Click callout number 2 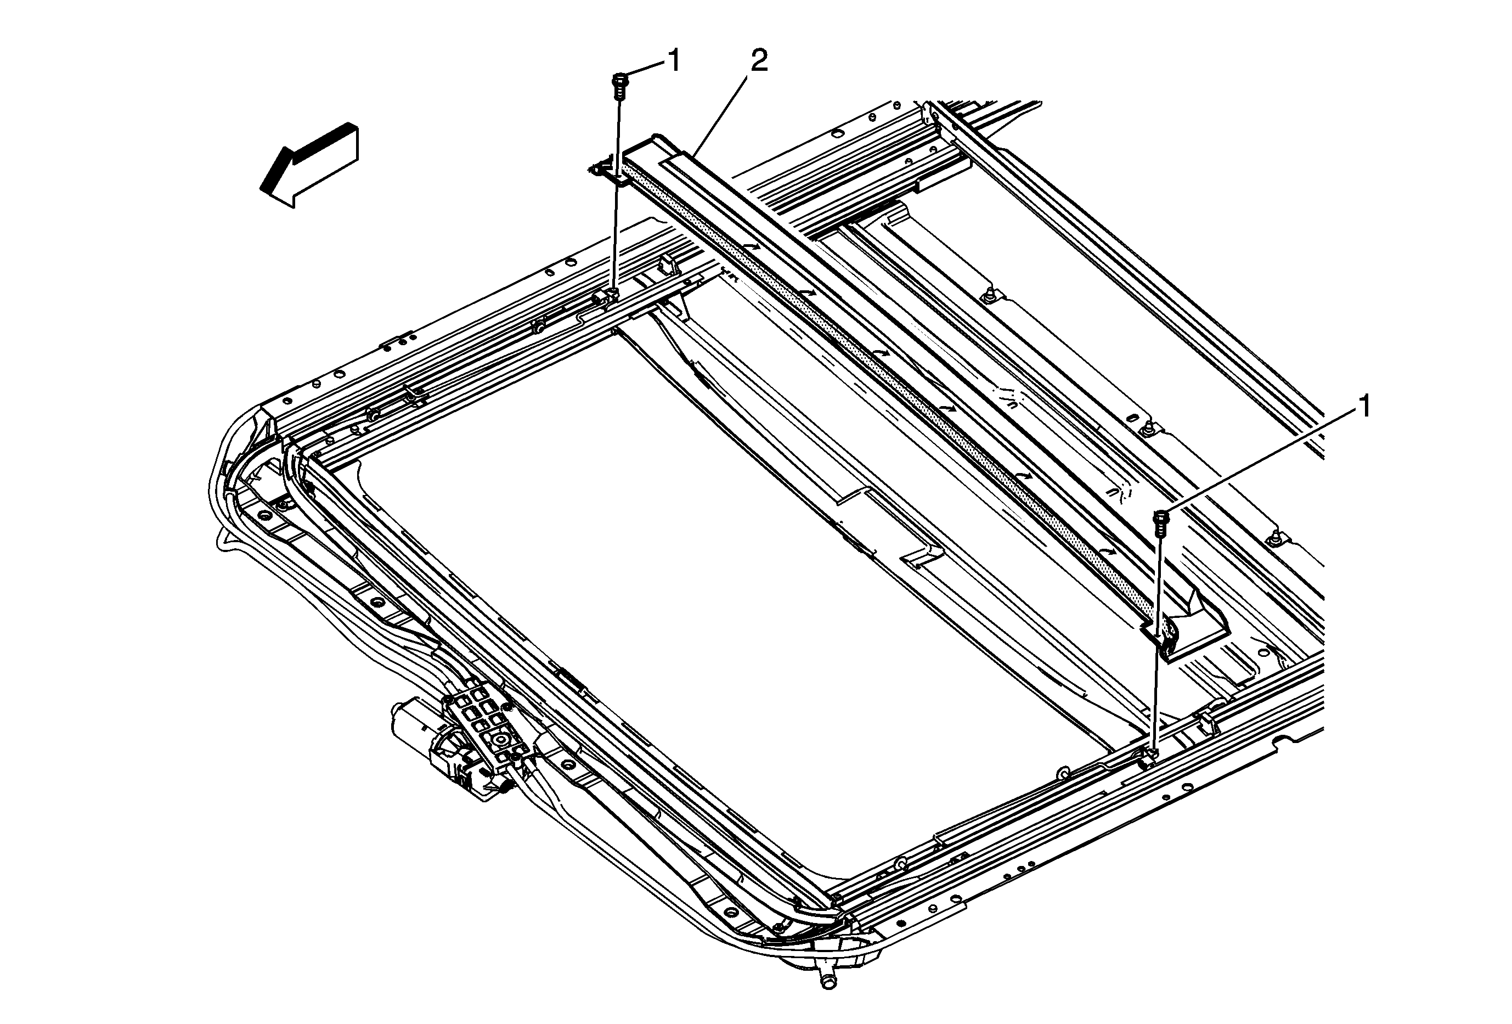[759, 62]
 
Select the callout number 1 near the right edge [1365, 408]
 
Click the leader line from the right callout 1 [1262, 462]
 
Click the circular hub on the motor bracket [501, 740]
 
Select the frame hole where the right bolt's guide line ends [1152, 754]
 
